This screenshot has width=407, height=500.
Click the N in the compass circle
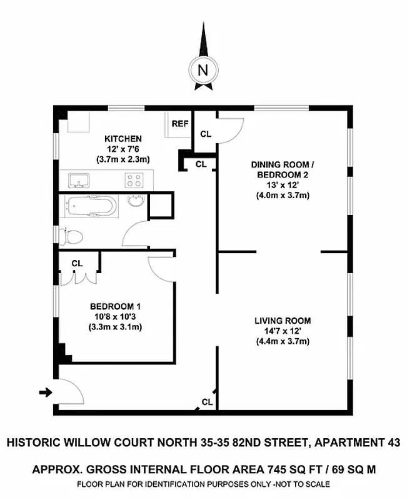tap(203, 70)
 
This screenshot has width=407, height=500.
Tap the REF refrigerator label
tap(180, 124)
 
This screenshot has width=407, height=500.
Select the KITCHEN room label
tap(123, 139)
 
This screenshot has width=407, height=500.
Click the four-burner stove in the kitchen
tap(134, 181)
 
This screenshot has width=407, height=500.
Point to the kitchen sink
tap(78, 181)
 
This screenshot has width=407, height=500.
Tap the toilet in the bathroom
tap(72, 237)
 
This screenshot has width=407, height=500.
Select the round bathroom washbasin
tap(136, 201)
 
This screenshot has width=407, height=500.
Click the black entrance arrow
tap(45, 392)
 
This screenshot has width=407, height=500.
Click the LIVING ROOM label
tap(283, 321)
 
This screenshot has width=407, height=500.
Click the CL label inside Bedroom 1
tap(77, 264)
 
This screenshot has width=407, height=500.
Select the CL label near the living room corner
tap(207, 401)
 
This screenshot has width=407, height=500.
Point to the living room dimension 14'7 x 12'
tap(283, 331)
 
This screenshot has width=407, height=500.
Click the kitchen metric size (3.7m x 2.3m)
tap(123, 159)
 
